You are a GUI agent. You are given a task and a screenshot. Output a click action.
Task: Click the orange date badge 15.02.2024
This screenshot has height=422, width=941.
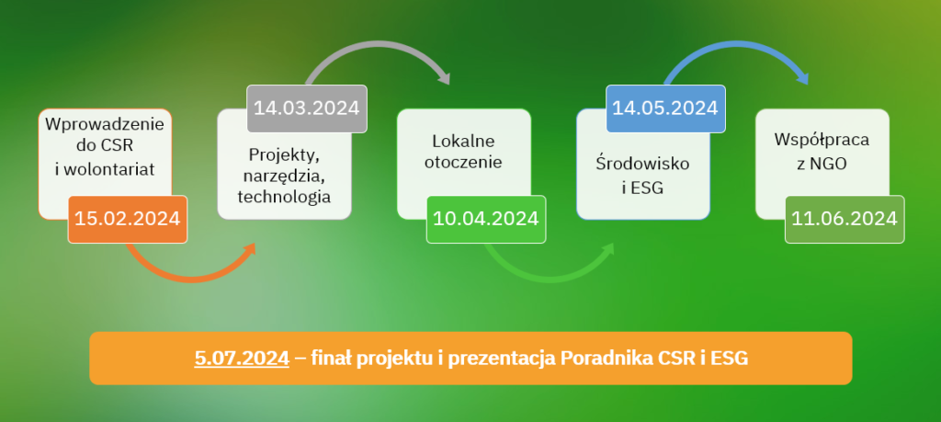[x=127, y=219]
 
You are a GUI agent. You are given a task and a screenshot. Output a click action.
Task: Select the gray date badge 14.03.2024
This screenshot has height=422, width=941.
[x=307, y=108]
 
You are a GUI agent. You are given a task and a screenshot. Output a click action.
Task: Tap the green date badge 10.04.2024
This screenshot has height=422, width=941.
[x=486, y=219]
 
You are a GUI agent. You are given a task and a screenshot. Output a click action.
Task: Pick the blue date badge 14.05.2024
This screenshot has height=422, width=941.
[x=665, y=108]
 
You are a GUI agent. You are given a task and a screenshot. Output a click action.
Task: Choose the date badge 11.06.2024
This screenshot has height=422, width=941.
[x=845, y=219]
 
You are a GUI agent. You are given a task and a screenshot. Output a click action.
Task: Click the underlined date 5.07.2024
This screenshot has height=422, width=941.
[x=242, y=359]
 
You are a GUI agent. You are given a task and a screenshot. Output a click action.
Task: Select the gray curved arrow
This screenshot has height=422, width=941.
[x=378, y=44]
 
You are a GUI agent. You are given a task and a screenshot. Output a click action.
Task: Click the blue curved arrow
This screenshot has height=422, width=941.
[x=737, y=44]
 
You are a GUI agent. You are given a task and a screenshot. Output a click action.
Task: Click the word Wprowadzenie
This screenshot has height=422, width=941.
[x=105, y=125]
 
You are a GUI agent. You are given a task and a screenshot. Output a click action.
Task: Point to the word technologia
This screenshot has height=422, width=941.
[x=284, y=197]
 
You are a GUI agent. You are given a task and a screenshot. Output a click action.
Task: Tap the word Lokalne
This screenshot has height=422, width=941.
[x=463, y=141]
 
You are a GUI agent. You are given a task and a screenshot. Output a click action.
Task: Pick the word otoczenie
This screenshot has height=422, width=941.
[x=463, y=163]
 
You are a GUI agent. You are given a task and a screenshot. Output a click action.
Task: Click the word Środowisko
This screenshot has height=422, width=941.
[x=642, y=164]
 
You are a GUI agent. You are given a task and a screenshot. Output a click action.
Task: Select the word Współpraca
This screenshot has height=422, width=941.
[x=822, y=140]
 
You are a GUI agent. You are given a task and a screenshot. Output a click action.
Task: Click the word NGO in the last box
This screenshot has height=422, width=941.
[x=830, y=163]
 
